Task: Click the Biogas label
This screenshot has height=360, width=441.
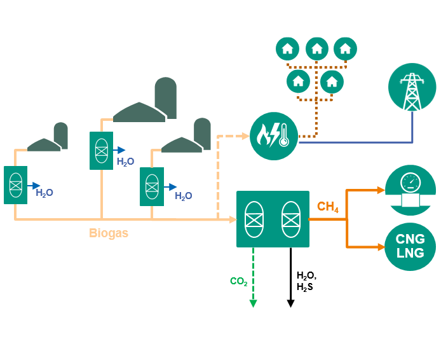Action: (x=108, y=233)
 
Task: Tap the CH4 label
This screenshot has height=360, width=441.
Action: (x=328, y=207)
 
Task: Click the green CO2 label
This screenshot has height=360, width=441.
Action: (x=239, y=281)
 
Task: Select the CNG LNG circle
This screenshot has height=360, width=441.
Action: (x=410, y=246)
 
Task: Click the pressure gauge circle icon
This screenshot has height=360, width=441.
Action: (x=410, y=188)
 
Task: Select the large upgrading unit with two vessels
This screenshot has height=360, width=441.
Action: (x=273, y=219)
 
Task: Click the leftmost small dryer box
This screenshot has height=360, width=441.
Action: (x=15, y=185)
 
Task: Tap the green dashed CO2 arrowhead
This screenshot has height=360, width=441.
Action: (x=253, y=303)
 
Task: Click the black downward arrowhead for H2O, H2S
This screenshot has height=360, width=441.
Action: (x=291, y=303)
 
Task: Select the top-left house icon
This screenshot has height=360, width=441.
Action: (x=287, y=48)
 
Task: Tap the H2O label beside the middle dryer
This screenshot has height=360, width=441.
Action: (x=125, y=162)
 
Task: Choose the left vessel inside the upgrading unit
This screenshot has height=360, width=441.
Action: (x=254, y=219)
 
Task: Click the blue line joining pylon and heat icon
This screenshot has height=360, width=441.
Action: (x=356, y=141)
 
